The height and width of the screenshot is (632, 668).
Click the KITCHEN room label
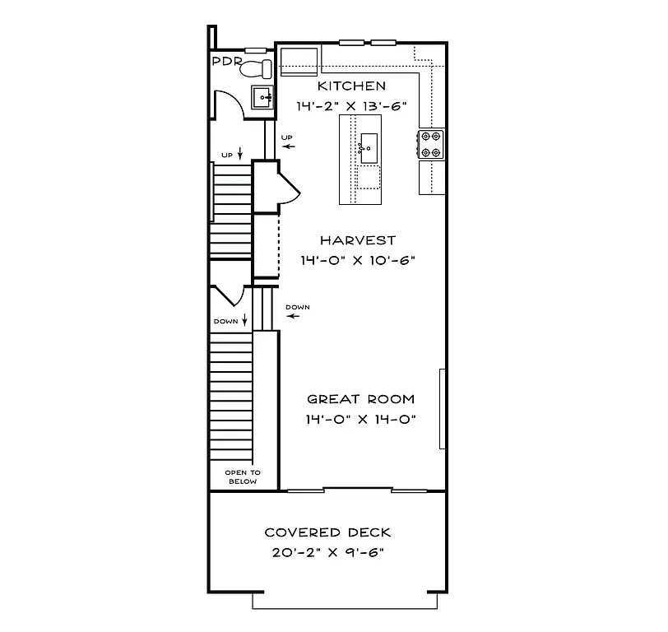pos(350,86)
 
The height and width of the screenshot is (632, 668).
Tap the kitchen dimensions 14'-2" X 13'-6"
pos(352,106)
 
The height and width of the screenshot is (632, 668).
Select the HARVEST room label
pos(358,240)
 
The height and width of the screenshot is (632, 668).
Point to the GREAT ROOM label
pos(360,399)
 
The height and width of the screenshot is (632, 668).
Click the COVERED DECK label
pos(327,532)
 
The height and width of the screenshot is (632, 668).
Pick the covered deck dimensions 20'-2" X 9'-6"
pos(327,552)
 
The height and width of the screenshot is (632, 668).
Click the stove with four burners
pos(432,144)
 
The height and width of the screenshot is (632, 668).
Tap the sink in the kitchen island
pos(367,149)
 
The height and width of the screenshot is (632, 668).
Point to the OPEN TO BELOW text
pos(243,477)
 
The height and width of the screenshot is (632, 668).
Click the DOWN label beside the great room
pos(298,308)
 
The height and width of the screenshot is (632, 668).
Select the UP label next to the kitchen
pos(286,137)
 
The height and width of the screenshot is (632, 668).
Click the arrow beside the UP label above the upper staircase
pos(239,154)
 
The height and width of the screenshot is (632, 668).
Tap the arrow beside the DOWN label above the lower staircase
pos(244,321)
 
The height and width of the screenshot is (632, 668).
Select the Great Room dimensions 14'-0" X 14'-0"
pos(360,419)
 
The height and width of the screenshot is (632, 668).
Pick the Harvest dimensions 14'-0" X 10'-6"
pos(358,260)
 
